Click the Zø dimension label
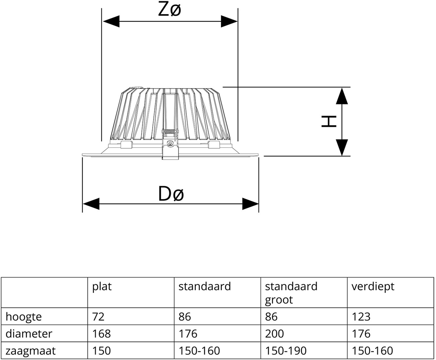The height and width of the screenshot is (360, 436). [x=169, y=10]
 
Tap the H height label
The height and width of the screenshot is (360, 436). [x=329, y=121]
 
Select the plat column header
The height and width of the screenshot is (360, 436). [x=102, y=287]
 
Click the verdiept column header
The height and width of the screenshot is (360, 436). [x=373, y=287]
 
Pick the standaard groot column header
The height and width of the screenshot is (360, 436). [x=291, y=293]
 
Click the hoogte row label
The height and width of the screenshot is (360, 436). [x=24, y=317]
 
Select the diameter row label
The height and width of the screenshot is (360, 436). [x=29, y=334]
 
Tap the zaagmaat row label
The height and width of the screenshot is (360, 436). [x=31, y=351]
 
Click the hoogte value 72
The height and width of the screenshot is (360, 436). [x=98, y=317]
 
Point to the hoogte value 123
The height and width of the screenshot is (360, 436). [x=361, y=317]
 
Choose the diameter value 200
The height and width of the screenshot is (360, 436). [x=274, y=334]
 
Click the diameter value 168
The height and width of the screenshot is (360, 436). [x=101, y=334]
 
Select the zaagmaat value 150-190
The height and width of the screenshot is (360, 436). [x=286, y=351]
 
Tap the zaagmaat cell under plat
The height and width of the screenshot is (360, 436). [x=101, y=351]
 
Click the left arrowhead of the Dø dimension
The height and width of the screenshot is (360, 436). [x=91, y=204]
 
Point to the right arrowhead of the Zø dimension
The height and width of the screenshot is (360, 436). [x=229, y=22]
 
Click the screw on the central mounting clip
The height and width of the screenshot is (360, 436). [x=170, y=143]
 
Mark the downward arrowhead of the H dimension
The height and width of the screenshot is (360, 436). [x=342, y=148]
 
